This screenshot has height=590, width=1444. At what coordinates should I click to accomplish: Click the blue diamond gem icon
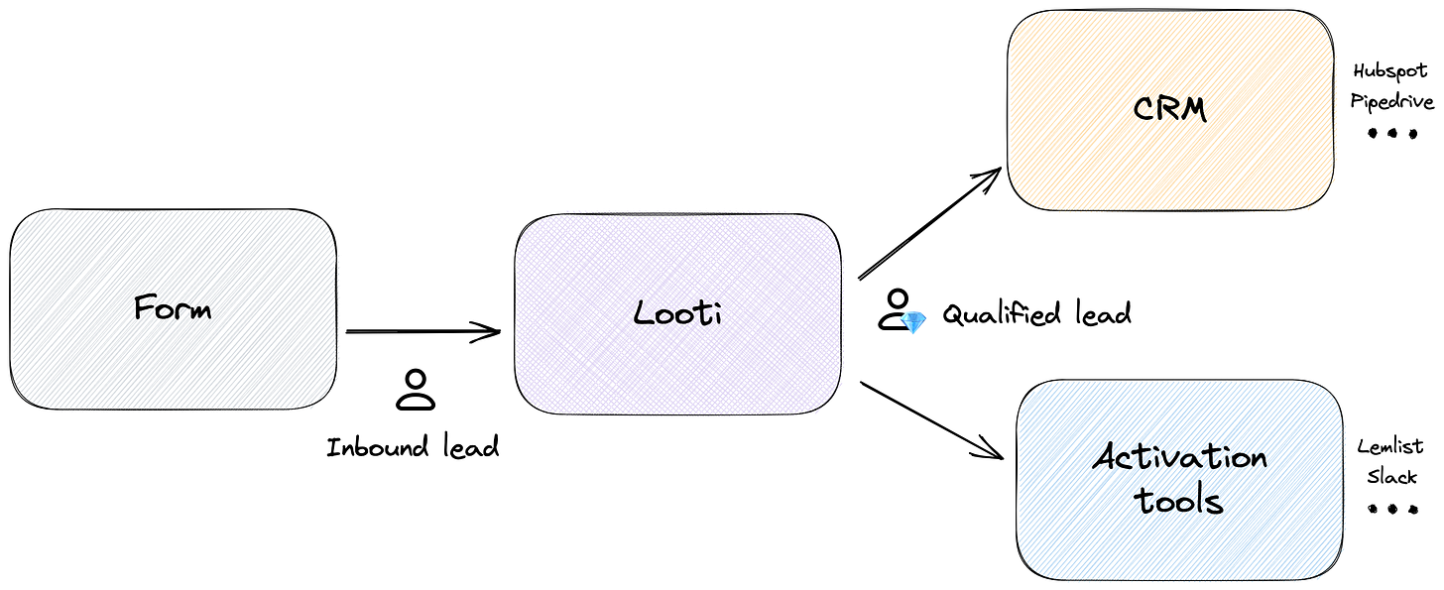coord(913,322)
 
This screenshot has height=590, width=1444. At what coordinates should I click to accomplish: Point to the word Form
coord(174,307)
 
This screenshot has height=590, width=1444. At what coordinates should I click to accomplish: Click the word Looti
coord(679,313)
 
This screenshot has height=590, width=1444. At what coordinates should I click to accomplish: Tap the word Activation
coord(1180,458)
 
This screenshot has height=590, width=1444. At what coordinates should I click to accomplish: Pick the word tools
coord(1180,501)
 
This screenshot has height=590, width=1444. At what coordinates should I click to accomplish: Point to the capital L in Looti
coord(643,313)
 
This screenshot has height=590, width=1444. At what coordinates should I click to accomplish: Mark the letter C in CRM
coord(1143,108)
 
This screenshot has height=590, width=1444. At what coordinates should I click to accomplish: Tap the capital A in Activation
coord(1105,458)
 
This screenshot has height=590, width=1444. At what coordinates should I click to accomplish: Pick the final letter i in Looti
coord(717,312)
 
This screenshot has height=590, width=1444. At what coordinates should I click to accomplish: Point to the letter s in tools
coord(1215,503)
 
